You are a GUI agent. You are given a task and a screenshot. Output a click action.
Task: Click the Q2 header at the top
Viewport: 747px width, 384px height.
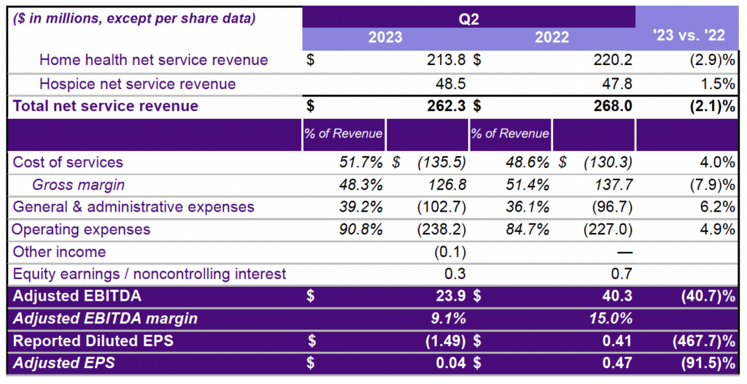tap(468, 18)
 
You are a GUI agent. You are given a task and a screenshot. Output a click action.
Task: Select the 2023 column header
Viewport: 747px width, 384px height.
tap(385, 38)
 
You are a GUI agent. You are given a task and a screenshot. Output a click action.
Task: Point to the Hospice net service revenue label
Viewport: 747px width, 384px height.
tap(137, 84)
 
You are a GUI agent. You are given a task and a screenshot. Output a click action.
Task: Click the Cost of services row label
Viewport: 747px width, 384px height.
tap(69, 162)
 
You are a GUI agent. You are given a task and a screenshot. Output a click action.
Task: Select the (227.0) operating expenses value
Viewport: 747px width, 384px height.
tap(608, 229)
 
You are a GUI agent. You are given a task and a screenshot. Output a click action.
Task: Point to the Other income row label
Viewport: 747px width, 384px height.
tap(59, 252)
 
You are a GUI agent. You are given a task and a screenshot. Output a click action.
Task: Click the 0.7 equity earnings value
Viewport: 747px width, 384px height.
tap(622, 274)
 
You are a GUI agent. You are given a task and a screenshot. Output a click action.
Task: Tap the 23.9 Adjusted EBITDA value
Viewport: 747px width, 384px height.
tap(452, 297)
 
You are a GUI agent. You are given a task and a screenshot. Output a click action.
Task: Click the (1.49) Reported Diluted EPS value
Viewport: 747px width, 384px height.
tap(444, 341)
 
